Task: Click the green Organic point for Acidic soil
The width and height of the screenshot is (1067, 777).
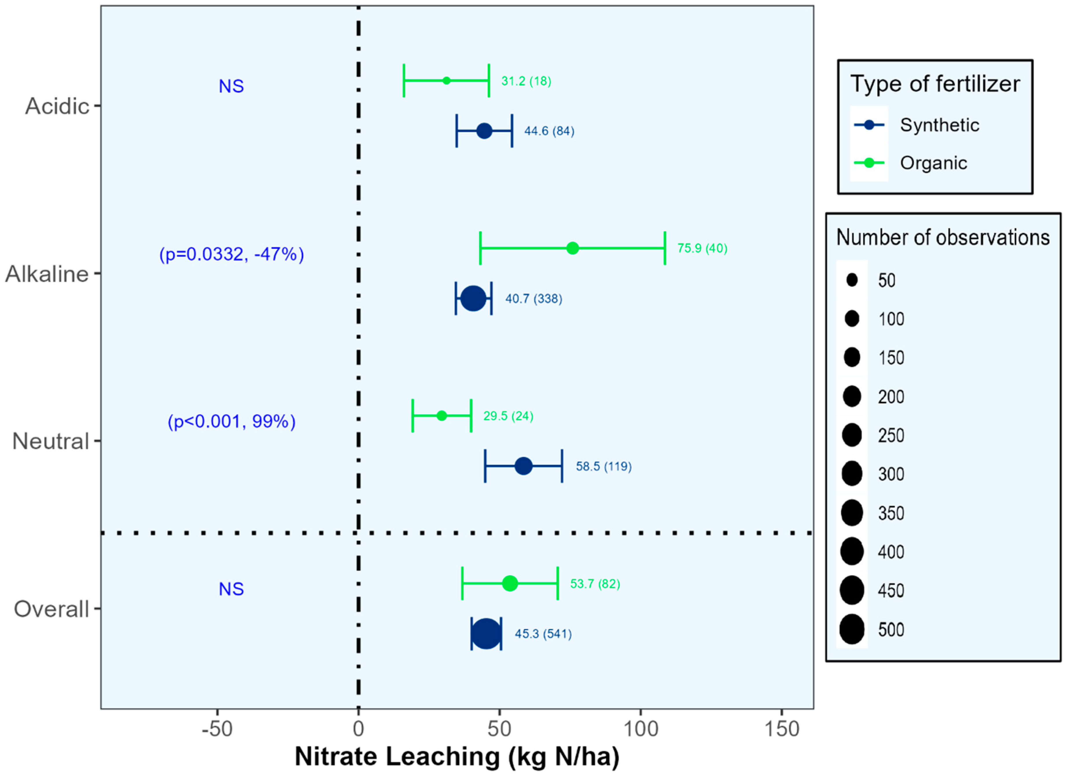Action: click(x=446, y=80)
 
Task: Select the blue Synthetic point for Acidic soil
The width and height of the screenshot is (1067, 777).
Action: click(x=484, y=131)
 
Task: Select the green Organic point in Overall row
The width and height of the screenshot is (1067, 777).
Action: click(x=510, y=584)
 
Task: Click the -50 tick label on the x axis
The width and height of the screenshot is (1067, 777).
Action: click(x=217, y=729)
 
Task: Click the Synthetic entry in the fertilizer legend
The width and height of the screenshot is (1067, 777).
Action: click(x=939, y=125)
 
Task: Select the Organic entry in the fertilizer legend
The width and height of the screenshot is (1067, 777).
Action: click(x=933, y=163)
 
